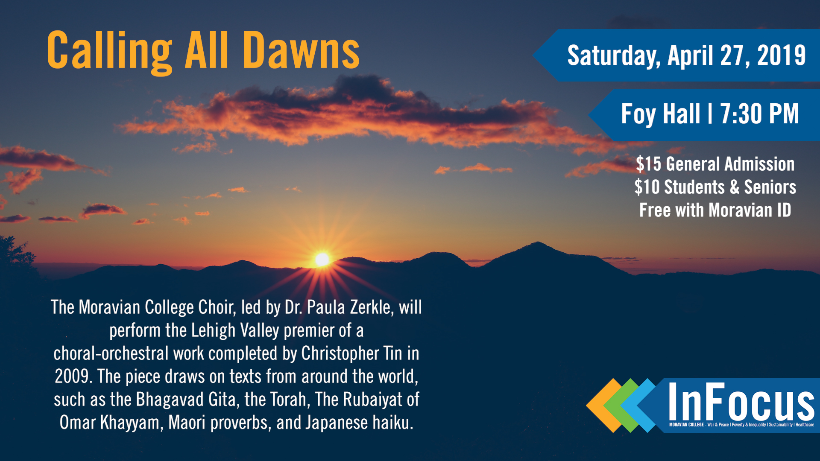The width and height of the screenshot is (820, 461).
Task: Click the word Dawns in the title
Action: pyautogui.click(x=301, y=50)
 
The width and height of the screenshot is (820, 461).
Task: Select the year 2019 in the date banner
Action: pyautogui.click(x=781, y=55)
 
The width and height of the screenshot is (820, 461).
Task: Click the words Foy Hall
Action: pyautogui.click(x=660, y=114)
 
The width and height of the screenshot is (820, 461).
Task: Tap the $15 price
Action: pyautogui.click(x=648, y=164)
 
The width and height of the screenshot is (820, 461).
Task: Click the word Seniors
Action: pyautogui.click(x=770, y=187)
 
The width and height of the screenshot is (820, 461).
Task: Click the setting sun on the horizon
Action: pyautogui.click(x=322, y=259)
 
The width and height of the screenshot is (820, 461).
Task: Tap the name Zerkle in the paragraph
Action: pyautogui.click(x=371, y=307)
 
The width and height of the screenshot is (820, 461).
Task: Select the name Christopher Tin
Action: pyautogui.click(x=351, y=353)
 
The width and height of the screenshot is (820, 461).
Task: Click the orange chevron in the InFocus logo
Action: pyautogui.click(x=602, y=406)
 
